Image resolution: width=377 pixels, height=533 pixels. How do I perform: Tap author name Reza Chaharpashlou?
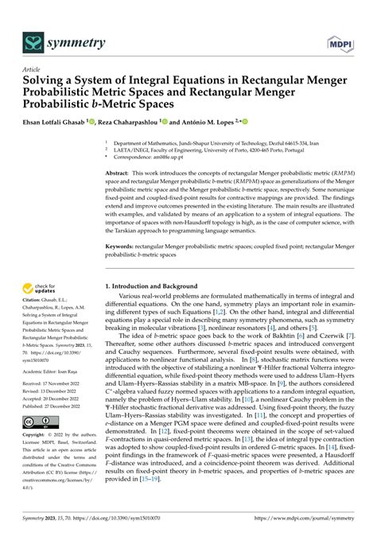tap(127, 123)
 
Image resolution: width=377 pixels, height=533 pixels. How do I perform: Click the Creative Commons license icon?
tap(37, 421)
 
